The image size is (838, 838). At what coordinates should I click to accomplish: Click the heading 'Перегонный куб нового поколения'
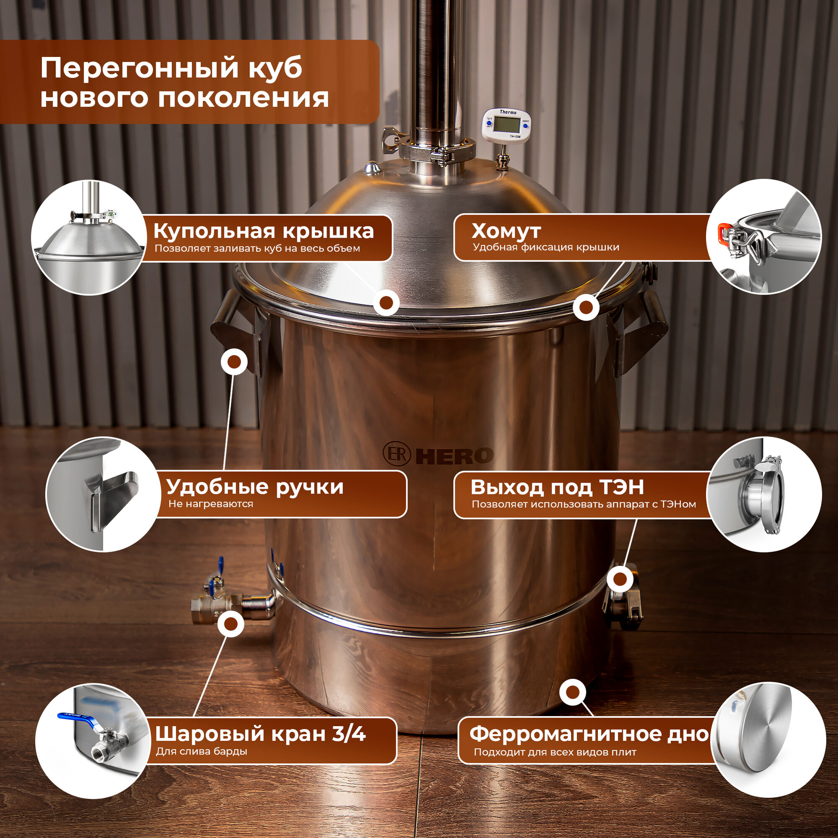pyautogui.click(x=184, y=83)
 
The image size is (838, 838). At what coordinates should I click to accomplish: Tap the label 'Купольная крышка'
pyautogui.click(x=263, y=231)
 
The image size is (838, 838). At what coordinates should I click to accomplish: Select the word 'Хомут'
pyautogui.click(x=506, y=231)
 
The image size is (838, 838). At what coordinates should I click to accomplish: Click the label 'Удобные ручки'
pyautogui.click(x=255, y=487)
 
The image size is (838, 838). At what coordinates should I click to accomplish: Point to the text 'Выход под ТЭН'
pyautogui.click(x=557, y=487)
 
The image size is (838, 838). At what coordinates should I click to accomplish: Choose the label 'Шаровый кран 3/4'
pyautogui.click(x=260, y=734)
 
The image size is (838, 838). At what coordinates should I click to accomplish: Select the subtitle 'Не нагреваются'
pyautogui.click(x=210, y=504)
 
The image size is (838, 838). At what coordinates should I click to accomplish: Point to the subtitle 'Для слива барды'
pyautogui.click(x=201, y=751)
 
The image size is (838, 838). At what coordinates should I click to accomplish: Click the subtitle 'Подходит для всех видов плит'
pyautogui.click(x=555, y=752)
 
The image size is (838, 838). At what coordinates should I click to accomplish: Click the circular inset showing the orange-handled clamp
pyautogui.click(x=764, y=236)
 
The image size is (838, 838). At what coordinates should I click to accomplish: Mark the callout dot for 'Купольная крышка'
pyautogui.click(x=386, y=303)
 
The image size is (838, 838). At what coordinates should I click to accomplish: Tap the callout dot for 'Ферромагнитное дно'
pyautogui.click(x=573, y=692)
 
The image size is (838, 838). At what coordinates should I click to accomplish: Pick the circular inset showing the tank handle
pyautogui.click(x=103, y=494)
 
